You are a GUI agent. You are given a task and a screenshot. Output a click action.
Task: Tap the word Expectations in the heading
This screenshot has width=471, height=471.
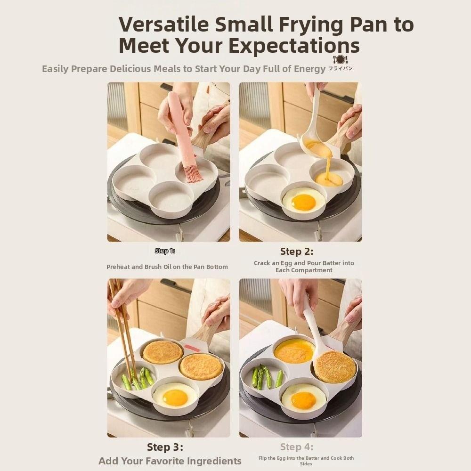[x=294, y=46]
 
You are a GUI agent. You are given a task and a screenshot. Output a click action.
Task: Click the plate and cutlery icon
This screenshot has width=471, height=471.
[x=340, y=59]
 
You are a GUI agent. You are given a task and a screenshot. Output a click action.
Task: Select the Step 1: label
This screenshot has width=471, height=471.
[x=165, y=251]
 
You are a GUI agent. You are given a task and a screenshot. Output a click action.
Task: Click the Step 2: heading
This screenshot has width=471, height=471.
[x=296, y=252]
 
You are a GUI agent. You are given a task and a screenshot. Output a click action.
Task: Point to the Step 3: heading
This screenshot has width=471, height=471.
[x=165, y=447]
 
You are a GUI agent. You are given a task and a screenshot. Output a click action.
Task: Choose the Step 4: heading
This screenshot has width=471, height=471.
[x=296, y=447]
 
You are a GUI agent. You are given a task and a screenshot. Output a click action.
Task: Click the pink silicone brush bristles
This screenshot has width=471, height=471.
[x=193, y=173]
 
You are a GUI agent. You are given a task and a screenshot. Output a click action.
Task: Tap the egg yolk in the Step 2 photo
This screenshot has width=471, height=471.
[x=303, y=202]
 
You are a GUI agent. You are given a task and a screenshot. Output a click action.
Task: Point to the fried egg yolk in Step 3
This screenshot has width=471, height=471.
[x=175, y=398]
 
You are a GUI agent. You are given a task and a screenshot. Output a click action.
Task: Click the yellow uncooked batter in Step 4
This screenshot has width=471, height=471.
[x=294, y=351]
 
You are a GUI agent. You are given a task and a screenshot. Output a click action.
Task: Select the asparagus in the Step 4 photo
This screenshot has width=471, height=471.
[x=267, y=377]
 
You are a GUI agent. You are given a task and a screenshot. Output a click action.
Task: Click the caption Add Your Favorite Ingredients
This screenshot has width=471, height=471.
[x=170, y=461]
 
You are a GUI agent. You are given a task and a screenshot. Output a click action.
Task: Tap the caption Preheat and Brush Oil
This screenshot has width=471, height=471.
[x=167, y=267]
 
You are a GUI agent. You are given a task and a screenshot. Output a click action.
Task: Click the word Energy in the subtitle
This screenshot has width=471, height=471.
[x=309, y=69]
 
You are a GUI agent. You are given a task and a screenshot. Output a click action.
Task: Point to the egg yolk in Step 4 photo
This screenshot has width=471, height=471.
[x=303, y=400]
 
